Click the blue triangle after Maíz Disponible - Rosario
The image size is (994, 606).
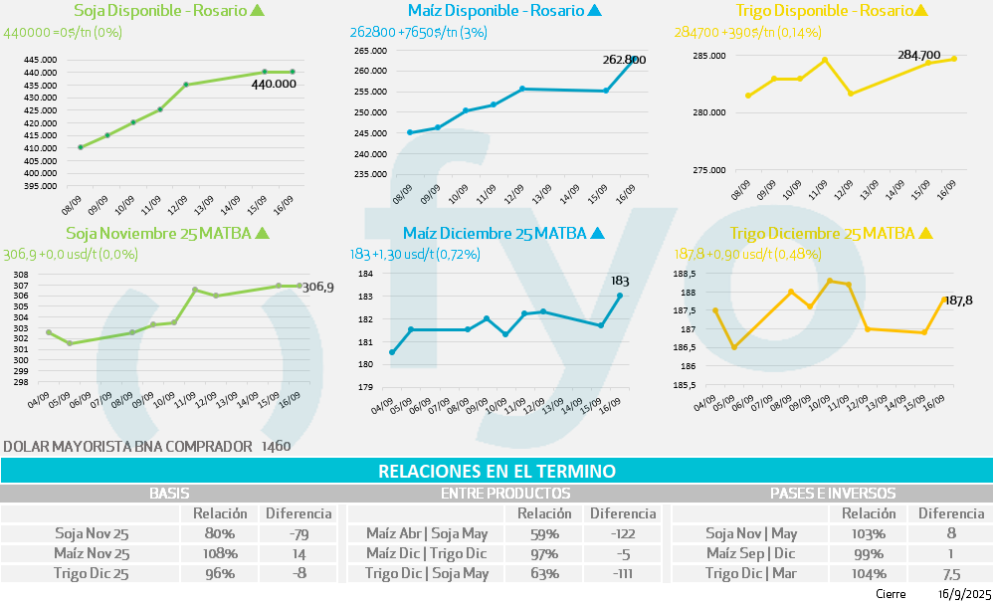tap(595, 12)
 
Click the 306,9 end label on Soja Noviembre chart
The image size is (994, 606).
tap(317, 287)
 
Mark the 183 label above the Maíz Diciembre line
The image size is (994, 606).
tap(621, 282)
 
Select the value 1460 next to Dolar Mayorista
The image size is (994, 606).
tap(276, 447)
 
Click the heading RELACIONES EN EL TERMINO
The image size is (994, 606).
tap(497, 471)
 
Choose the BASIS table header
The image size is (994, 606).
tap(169, 493)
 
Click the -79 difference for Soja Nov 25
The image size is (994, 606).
tap(297, 533)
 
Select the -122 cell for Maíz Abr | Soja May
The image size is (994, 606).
tap(622, 533)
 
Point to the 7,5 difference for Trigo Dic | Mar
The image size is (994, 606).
tap(950, 573)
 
